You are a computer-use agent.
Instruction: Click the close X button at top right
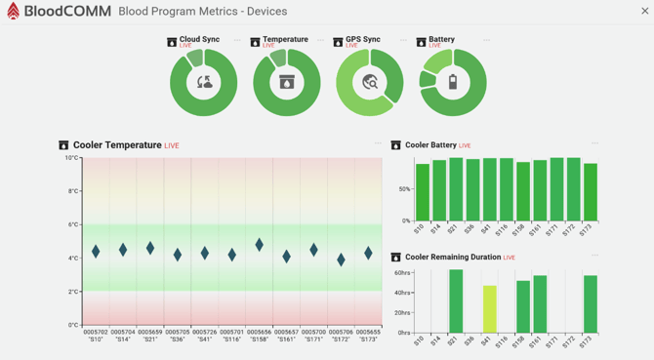click(644, 12)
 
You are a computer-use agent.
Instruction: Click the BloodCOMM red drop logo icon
click(13, 12)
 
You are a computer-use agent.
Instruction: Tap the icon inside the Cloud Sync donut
click(204, 83)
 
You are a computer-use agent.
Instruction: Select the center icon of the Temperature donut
click(287, 83)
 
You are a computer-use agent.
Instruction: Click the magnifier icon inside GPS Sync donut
click(370, 83)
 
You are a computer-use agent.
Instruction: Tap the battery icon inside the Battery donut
click(453, 83)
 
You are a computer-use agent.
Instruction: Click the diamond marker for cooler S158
click(260, 245)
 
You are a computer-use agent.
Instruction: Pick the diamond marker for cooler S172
click(341, 260)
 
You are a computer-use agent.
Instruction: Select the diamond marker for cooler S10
click(96, 251)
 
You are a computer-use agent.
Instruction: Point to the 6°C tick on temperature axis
click(72, 224)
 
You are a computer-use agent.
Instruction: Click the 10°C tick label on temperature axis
click(71, 158)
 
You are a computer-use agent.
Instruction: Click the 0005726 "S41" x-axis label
click(205, 336)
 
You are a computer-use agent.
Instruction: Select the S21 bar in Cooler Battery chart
click(456, 189)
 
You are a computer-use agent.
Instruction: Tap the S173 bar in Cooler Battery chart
click(591, 192)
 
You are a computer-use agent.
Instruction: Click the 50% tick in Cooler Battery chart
click(404, 189)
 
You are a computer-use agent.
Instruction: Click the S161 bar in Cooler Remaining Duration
click(540, 304)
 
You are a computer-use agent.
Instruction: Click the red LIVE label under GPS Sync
click(351, 46)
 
